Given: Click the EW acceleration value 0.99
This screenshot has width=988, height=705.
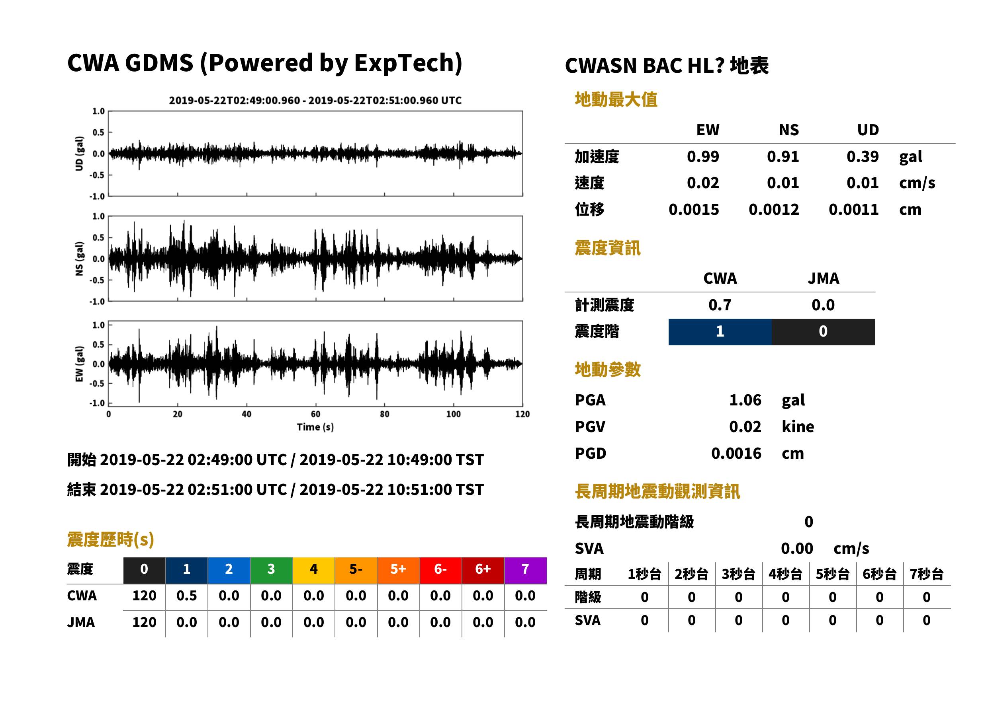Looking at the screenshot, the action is [702, 156].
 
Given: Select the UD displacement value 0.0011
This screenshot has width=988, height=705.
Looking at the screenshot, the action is [853, 209].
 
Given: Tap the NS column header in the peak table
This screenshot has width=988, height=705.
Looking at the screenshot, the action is [788, 130].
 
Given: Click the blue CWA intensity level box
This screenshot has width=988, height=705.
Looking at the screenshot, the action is [720, 332].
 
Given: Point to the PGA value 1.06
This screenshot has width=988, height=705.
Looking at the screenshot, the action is [745, 400].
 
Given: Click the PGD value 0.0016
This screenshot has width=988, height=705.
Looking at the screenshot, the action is [736, 453].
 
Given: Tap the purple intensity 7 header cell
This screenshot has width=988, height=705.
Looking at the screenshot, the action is [525, 570].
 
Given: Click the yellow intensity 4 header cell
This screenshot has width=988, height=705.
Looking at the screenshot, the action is [314, 570].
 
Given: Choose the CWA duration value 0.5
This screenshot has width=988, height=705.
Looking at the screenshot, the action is [186, 596].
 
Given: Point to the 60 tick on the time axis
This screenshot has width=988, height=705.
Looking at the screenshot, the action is [315, 414].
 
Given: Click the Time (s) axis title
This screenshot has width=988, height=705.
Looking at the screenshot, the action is [315, 427].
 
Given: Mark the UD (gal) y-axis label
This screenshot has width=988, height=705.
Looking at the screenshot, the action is [79, 154].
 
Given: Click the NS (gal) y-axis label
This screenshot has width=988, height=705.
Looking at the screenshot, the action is [79, 259].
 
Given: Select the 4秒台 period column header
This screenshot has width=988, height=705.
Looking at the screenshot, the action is [785, 575].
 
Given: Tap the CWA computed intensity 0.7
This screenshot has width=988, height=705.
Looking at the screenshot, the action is [720, 305].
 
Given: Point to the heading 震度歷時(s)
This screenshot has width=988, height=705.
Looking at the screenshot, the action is [111, 539].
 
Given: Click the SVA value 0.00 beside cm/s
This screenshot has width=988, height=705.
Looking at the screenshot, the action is [797, 548].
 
